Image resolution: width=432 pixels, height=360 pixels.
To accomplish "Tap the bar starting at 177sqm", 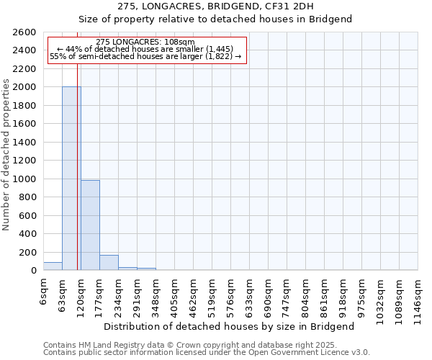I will point(109,263).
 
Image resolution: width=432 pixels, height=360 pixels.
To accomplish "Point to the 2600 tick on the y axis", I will point(26,32).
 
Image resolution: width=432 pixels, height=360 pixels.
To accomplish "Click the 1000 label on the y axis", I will point(26,179).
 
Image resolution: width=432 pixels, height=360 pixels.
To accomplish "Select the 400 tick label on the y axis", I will point(29,234).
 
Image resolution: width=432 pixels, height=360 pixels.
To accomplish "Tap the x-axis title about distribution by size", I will point(229,326).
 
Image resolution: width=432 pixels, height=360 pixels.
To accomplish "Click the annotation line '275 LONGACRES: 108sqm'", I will point(145,42).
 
